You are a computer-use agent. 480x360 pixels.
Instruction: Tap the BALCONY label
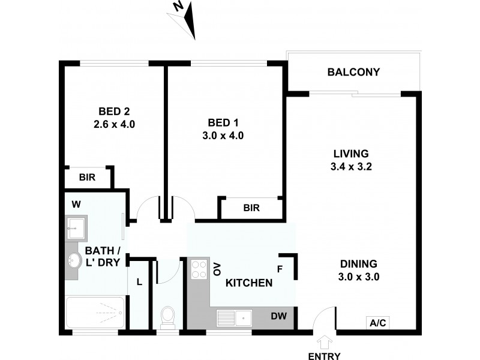[x=354, y=73]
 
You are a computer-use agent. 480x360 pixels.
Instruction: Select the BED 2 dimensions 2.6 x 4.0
[x=114, y=125]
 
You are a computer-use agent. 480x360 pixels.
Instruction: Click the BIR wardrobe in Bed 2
[x=88, y=178]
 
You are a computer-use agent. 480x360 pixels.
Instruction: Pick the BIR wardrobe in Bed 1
[x=251, y=208]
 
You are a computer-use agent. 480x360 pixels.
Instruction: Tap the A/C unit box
[x=378, y=323]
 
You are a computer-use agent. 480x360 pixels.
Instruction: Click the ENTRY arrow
[x=324, y=343]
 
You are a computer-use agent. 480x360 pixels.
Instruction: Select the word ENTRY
[x=324, y=356]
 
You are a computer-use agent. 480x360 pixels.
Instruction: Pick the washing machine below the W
[x=76, y=227]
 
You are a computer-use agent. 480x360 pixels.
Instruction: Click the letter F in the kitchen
[x=280, y=269]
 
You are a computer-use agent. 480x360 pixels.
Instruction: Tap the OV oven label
[x=217, y=269]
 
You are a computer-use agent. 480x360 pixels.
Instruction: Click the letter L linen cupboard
[x=139, y=281]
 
